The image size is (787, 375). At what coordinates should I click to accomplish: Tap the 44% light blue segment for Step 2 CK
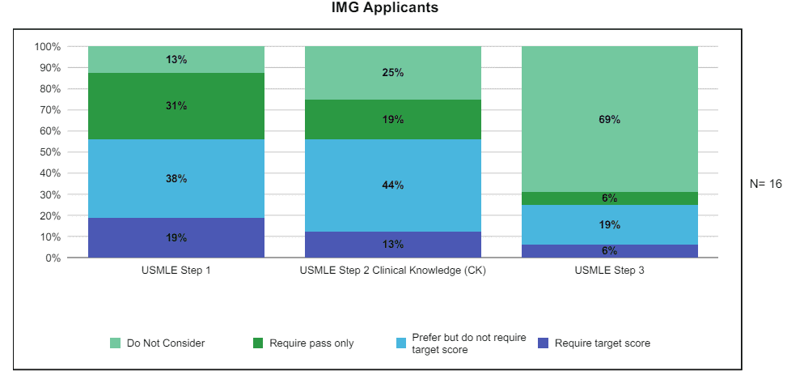click(x=393, y=185)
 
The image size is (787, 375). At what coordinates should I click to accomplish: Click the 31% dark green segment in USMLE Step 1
click(x=176, y=105)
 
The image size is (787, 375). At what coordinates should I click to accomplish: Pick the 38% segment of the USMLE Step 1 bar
click(x=176, y=178)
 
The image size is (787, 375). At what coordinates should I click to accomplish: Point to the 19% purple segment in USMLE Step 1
click(x=176, y=237)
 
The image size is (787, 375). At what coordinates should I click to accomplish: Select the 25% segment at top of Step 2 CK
click(x=393, y=73)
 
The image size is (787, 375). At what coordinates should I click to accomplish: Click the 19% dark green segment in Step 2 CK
click(x=393, y=119)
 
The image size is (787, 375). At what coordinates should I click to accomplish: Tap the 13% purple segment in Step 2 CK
click(x=393, y=244)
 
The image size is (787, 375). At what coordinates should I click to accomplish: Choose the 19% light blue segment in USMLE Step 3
click(x=609, y=224)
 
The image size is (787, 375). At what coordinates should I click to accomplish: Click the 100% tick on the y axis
click(x=48, y=47)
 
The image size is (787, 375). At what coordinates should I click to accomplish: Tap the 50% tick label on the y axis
click(x=50, y=152)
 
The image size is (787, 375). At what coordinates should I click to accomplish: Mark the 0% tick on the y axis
click(x=53, y=258)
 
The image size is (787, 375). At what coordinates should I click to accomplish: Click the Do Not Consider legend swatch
click(x=116, y=343)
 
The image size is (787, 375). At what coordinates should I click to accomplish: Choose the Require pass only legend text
click(x=311, y=343)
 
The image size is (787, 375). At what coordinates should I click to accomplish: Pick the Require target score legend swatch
click(x=544, y=343)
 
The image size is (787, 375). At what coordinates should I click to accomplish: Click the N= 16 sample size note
click(x=766, y=184)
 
